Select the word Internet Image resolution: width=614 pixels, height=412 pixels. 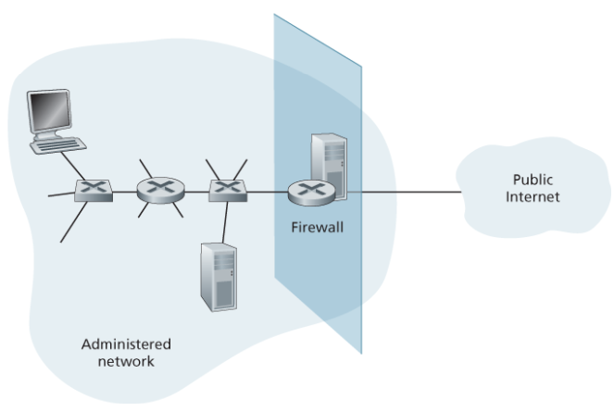(534, 196)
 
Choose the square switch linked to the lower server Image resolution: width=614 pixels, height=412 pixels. (225, 192)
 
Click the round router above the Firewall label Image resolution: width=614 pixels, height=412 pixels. (306, 193)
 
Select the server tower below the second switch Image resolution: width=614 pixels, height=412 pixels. (219, 275)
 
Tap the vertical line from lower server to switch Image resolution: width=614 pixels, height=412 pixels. (225, 222)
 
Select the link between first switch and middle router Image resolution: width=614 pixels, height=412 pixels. (123, 192)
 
